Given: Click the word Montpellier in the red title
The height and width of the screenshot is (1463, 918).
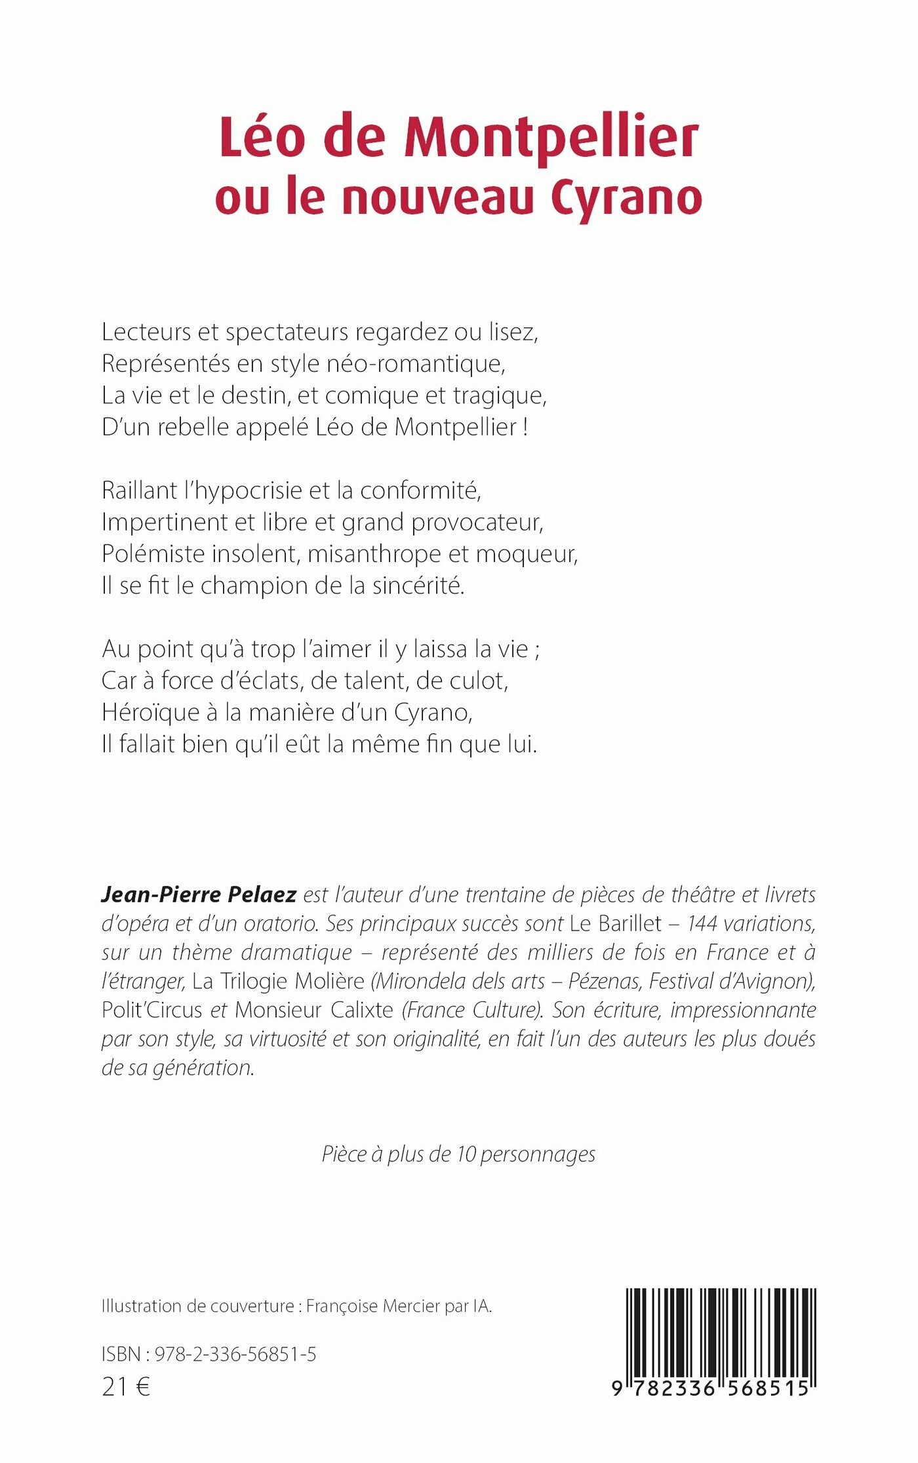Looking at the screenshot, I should tap(551, 139).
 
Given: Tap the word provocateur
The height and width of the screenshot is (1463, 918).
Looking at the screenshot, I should tap(477, 523).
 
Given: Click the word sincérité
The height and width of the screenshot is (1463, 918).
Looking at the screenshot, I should tap(418, 586).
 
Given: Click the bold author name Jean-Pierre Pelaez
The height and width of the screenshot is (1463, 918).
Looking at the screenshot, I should tap(199, 895).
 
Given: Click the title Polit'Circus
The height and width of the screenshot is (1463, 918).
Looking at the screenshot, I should tap(151, 1011).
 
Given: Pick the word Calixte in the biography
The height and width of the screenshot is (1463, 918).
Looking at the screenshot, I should tap(361, 1011).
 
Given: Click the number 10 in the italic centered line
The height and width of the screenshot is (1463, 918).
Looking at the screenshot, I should tap(466, 1155).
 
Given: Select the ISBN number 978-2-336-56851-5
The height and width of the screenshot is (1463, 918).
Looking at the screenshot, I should tap(235, 1354).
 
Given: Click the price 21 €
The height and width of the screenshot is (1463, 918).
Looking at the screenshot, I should tap(126, 1387).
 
